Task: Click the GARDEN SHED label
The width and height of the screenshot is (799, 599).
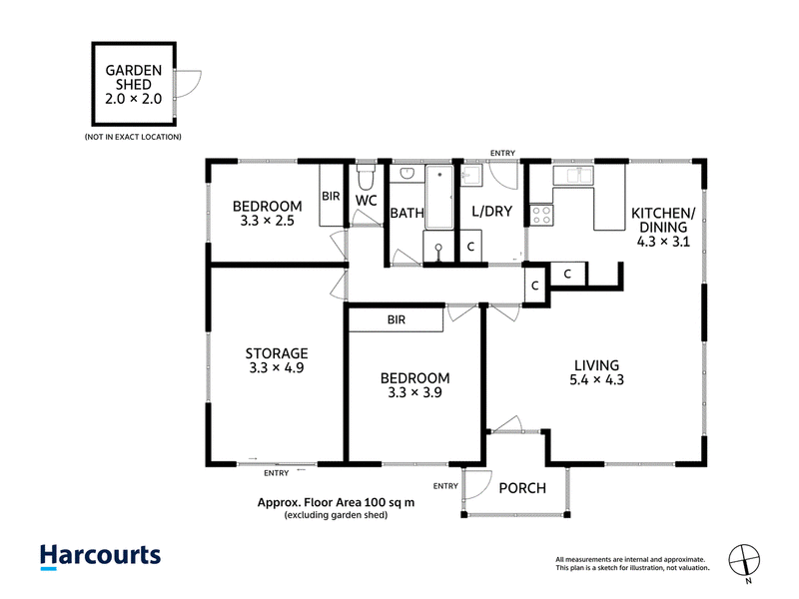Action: click(x=134, y=78)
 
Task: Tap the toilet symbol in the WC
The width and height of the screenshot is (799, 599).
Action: click(x=366, y=176)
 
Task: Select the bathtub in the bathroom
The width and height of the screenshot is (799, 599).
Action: click(x=438, y=197)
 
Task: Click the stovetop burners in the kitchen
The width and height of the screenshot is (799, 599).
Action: click(x=541, y=215)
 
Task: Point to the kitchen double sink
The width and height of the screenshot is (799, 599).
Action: click(x=573, y=175)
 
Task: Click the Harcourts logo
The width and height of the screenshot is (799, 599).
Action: click(x=101, y=557)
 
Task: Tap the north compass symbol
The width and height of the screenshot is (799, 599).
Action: click(x=744, y=561)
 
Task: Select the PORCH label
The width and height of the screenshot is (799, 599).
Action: click(x=522, y=488)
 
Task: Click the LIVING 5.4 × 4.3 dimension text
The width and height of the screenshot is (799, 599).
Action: click(x=596, y=380)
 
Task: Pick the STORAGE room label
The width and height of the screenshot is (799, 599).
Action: click(x=277, y=353)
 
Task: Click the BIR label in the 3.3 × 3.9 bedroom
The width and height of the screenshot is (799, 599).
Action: click(x=396, y=319)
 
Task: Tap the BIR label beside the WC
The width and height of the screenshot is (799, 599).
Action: click(x=331, y=196)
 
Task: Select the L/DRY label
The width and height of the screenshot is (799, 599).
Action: click(x=491, y=212)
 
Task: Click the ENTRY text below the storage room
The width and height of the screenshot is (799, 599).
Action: click(x=277, y=473)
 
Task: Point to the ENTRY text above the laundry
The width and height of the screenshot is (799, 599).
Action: click(x=502, y=153)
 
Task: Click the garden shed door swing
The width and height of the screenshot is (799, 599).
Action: click(x=188, y=84)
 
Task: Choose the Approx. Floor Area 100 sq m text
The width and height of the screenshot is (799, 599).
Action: click(x=336, y=503)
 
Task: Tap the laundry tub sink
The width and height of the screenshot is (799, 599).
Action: click(x=470, y=175)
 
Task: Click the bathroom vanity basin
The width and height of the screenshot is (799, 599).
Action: click(x=407, y=174)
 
